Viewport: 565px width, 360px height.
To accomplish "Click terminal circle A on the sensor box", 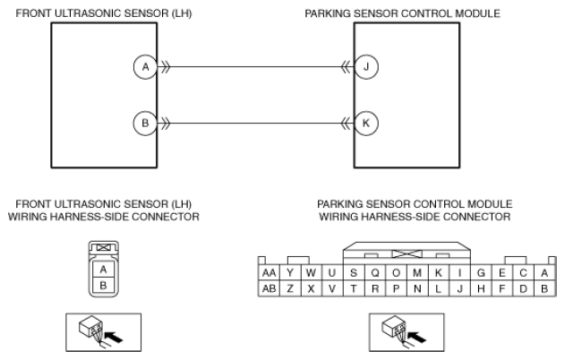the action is point(146,66).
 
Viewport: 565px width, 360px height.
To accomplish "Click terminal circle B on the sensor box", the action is point(146,124).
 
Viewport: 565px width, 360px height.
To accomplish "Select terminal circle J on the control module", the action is point(366,66).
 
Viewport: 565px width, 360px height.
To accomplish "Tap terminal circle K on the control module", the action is point(366,124).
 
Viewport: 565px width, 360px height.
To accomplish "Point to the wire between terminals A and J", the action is point(256,66).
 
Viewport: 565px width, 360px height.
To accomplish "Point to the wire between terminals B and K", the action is point(256,124).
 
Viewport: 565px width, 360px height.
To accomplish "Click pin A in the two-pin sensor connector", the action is point(103,270).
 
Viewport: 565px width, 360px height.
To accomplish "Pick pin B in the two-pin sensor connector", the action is point(103,286).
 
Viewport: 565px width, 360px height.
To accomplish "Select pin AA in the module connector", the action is point(270,273).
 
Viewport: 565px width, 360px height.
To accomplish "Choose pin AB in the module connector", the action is point(270,288).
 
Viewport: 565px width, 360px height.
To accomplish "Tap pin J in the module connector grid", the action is point(459,288).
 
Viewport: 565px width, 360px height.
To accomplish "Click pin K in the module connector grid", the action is point(439,273).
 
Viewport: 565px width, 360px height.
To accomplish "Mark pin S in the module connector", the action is point(354,273).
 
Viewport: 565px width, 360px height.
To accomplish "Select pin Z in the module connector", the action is point(290,288).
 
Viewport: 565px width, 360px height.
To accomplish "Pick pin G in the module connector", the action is point(481,273).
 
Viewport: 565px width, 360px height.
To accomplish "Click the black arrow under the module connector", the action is point(416,338).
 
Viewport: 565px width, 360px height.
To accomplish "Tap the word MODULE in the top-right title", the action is point(477,13).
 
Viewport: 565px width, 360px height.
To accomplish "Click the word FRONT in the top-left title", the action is point(32,13).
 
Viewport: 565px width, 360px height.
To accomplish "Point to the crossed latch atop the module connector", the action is point(407,254).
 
